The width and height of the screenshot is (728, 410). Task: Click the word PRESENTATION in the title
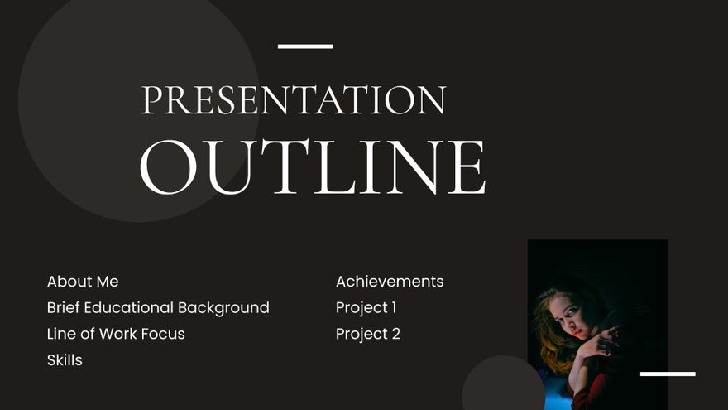tap(294, 100)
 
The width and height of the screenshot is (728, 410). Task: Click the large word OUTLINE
tap(312, 167)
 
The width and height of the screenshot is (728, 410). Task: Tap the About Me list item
tap(83, 282)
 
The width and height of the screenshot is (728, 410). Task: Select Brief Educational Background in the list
tap(158, 308)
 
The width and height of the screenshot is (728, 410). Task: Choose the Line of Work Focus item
tap(116, 335)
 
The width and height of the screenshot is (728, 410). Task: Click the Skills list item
tap(65, 361)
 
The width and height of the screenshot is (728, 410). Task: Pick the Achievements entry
tap(390, 282)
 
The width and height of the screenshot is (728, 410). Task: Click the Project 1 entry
tap(366, 308)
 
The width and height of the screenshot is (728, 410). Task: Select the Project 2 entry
tap(367, 335)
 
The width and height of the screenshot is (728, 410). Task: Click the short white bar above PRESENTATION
tap(305, 46)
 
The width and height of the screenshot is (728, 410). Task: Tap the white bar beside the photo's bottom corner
tap(668, 374)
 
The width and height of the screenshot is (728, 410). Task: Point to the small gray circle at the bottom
tap(503, 386)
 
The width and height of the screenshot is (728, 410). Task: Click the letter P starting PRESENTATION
tap(151, 100)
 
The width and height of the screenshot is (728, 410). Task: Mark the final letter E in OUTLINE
tap(467, 167)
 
